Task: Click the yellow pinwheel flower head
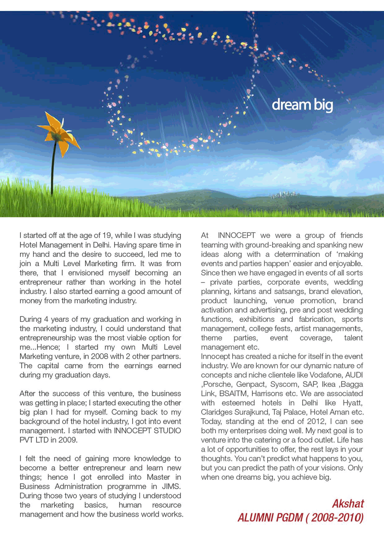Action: (x=58, y=134)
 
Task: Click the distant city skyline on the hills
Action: (x=279, y=195)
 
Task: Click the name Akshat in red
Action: (x=348, y=504)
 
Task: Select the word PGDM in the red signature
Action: (x=288, y=518)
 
